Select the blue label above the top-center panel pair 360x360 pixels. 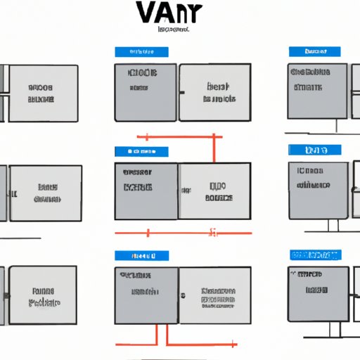point(141,52)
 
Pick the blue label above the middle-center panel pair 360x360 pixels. point(141,151)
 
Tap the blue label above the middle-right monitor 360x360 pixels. point(314,150)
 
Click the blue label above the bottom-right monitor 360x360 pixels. point(314,255)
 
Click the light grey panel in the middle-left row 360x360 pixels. point(46,193)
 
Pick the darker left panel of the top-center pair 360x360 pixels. point(146,92)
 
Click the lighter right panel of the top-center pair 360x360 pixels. point(214,92)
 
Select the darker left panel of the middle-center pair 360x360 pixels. point(146,191)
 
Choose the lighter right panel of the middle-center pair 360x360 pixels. point(214,191)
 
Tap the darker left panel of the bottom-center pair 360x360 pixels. point(146,296)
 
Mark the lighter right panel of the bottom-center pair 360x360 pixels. point(214,296)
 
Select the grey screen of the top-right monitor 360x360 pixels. point(317,92)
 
